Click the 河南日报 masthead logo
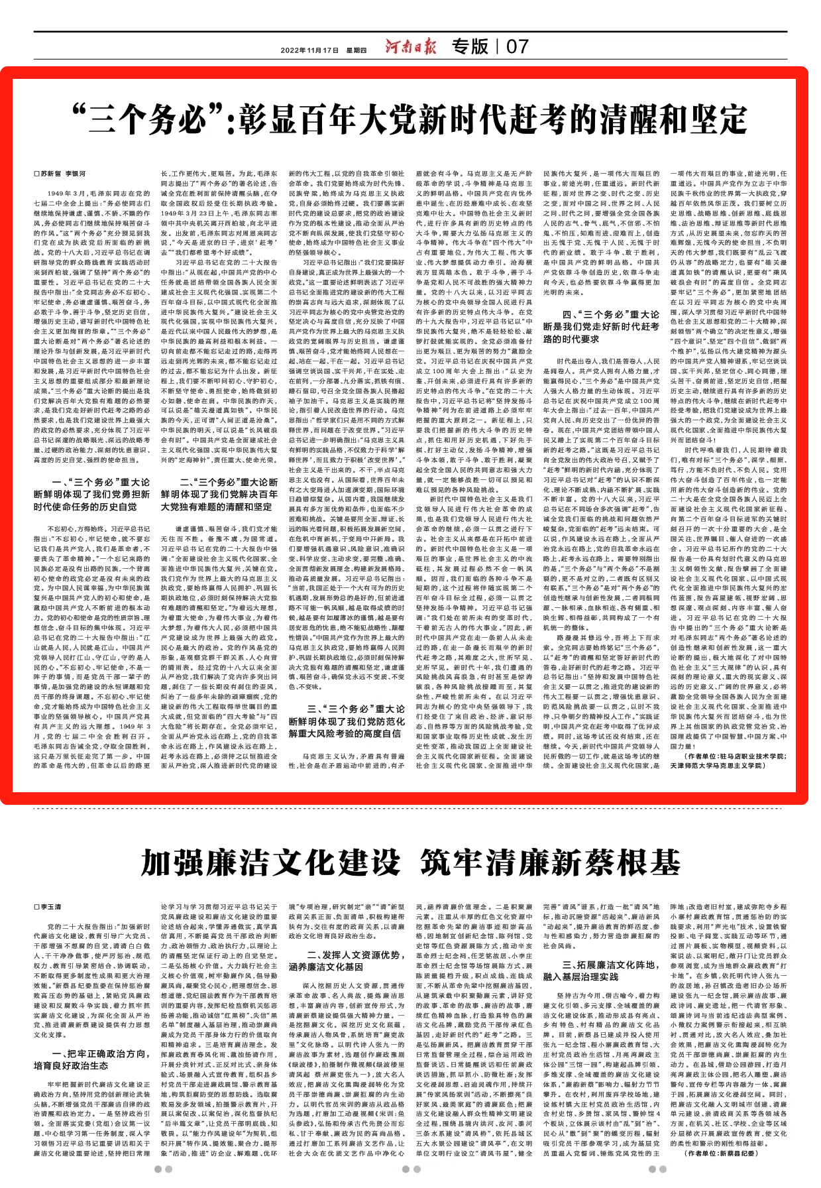[411, 47]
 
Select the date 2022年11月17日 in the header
[309, 50]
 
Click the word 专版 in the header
[470, 47]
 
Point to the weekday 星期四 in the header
[356, 50]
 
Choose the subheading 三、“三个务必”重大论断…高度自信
[346, 721]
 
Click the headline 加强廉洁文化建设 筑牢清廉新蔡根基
[410, 863]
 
